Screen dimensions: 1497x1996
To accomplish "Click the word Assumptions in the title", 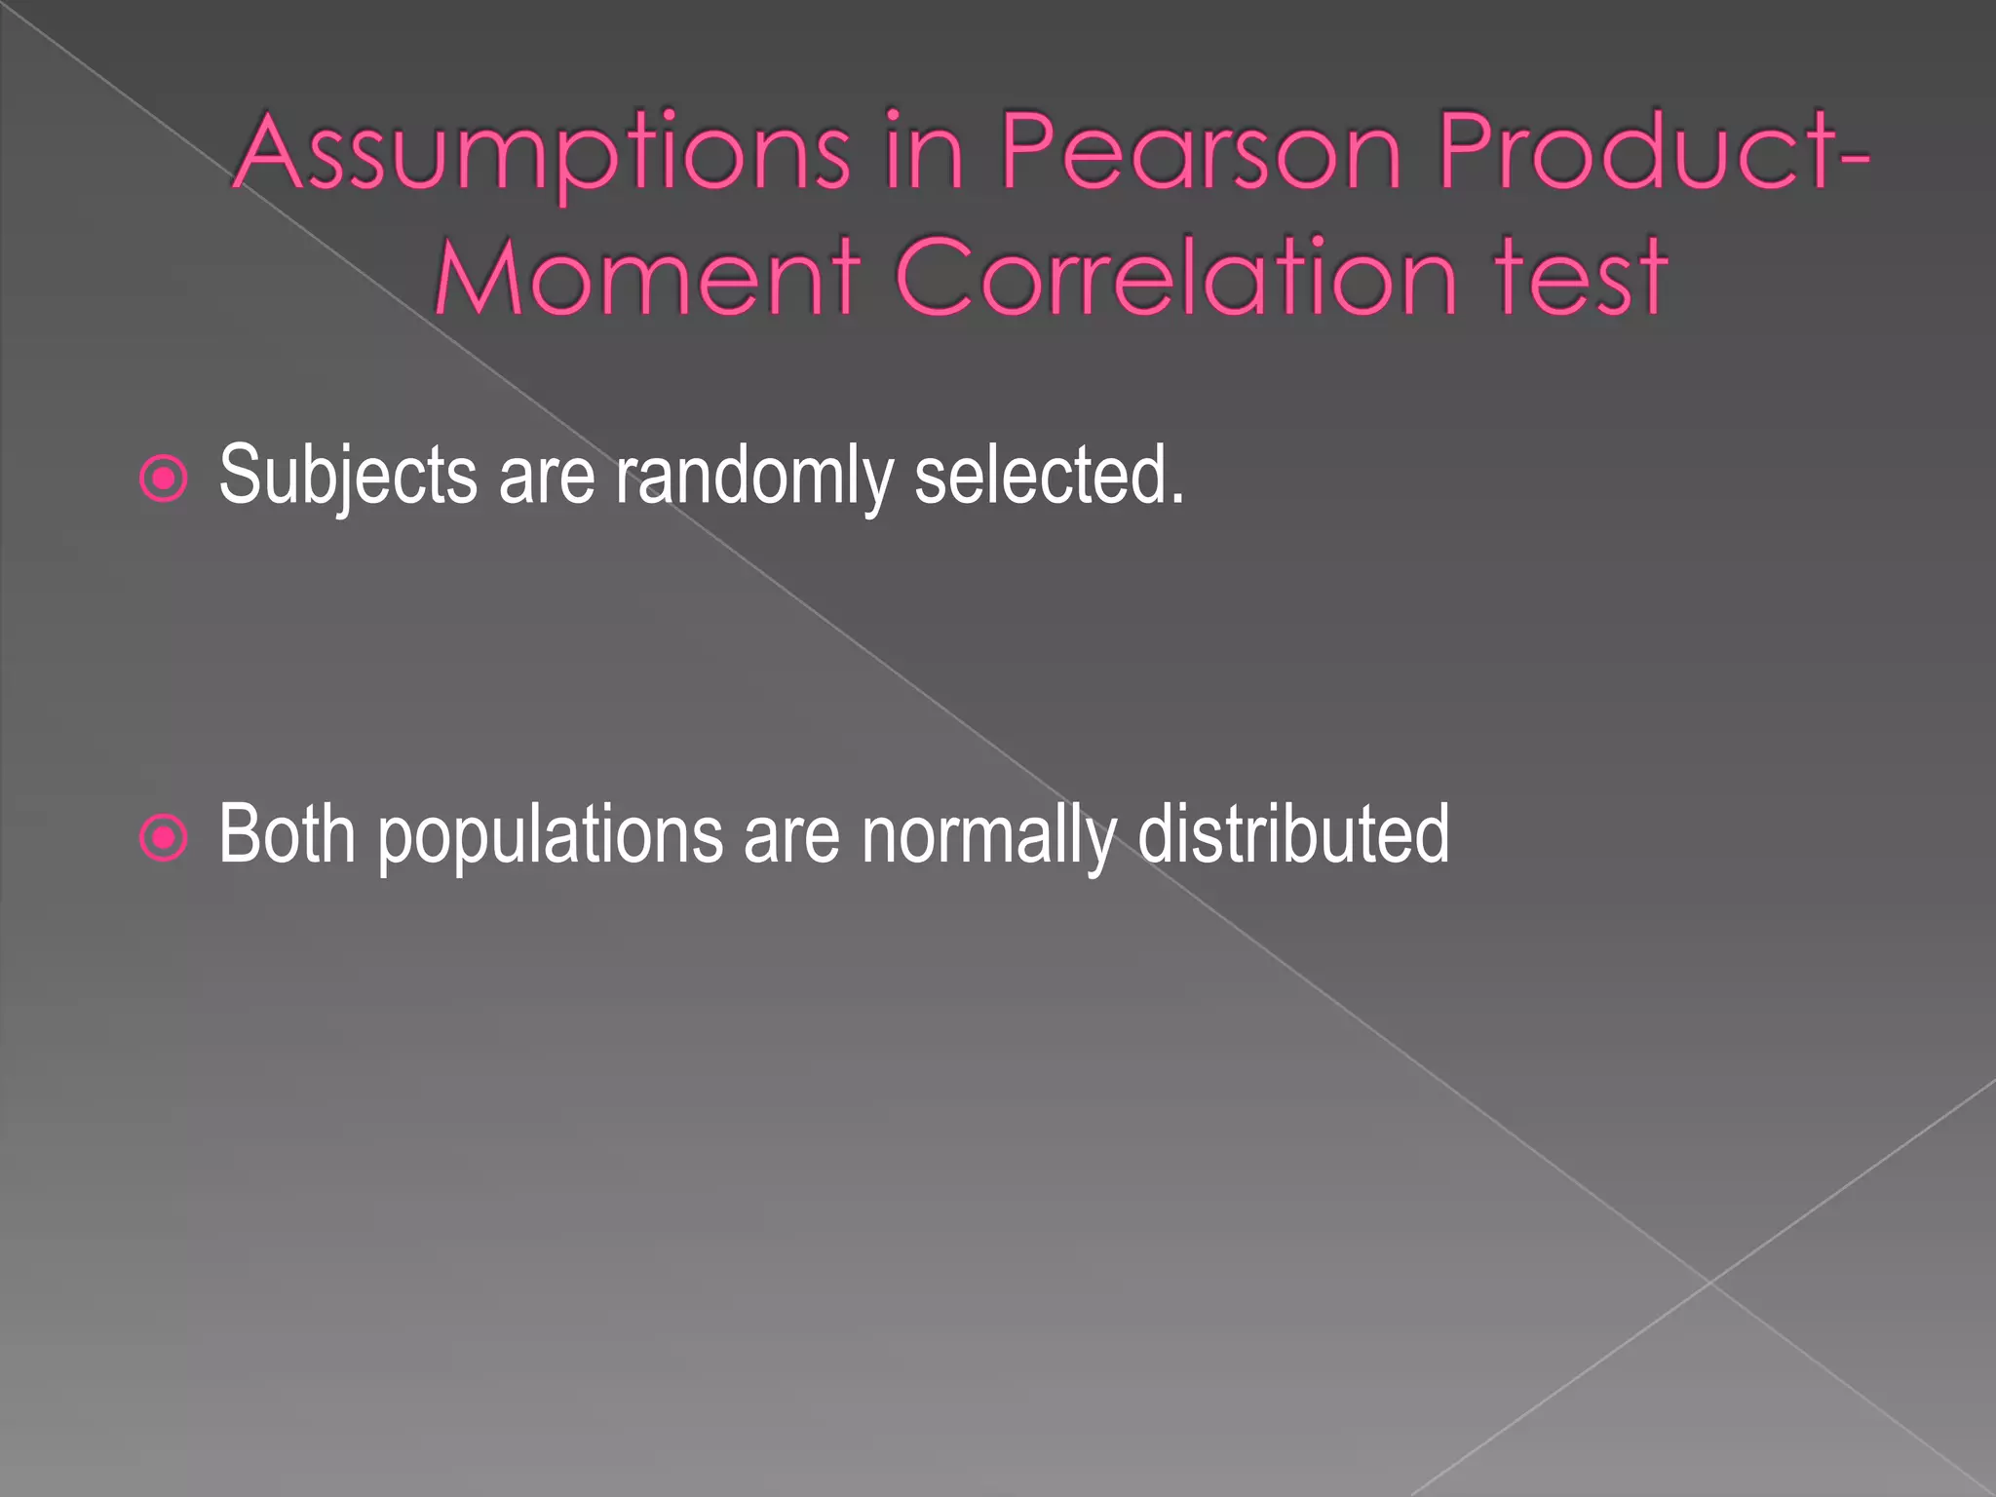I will (x=542, y=154).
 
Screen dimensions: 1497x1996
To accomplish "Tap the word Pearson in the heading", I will (x=1201, y=152).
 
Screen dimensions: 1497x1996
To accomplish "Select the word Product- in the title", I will (x=1653, y=152).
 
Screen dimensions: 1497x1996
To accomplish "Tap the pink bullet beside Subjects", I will (x=164, y=479).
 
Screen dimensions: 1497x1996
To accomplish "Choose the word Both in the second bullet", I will (x=287, y=834).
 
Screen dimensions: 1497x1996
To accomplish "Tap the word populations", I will (x=551, y=836).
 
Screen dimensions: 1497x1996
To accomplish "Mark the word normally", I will (x=988, y=836).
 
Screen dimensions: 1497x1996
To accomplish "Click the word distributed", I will (x=1293, y=834).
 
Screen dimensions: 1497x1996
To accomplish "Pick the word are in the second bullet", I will (x=791, y=836).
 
